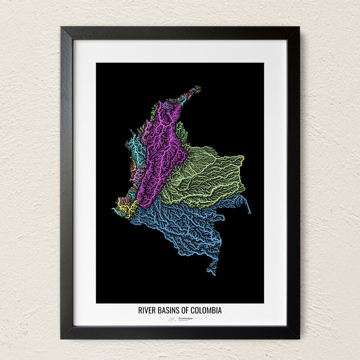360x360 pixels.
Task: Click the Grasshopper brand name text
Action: point(186,318)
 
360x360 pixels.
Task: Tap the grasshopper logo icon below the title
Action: point(172,318)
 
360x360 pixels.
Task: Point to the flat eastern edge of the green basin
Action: point(242,165)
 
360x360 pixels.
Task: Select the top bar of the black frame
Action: point(180,33)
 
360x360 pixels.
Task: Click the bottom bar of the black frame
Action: point(180,332)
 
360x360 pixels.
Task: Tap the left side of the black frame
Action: point(66,180)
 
